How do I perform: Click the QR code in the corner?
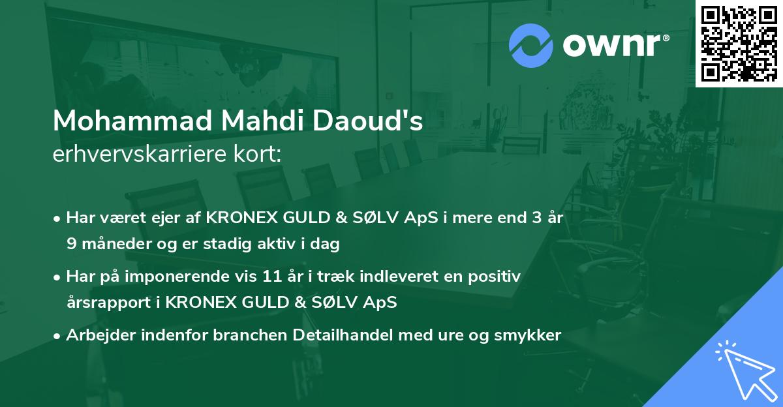point(739,43)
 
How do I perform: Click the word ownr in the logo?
point(614,46)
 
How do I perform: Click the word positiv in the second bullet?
point(497,277)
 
